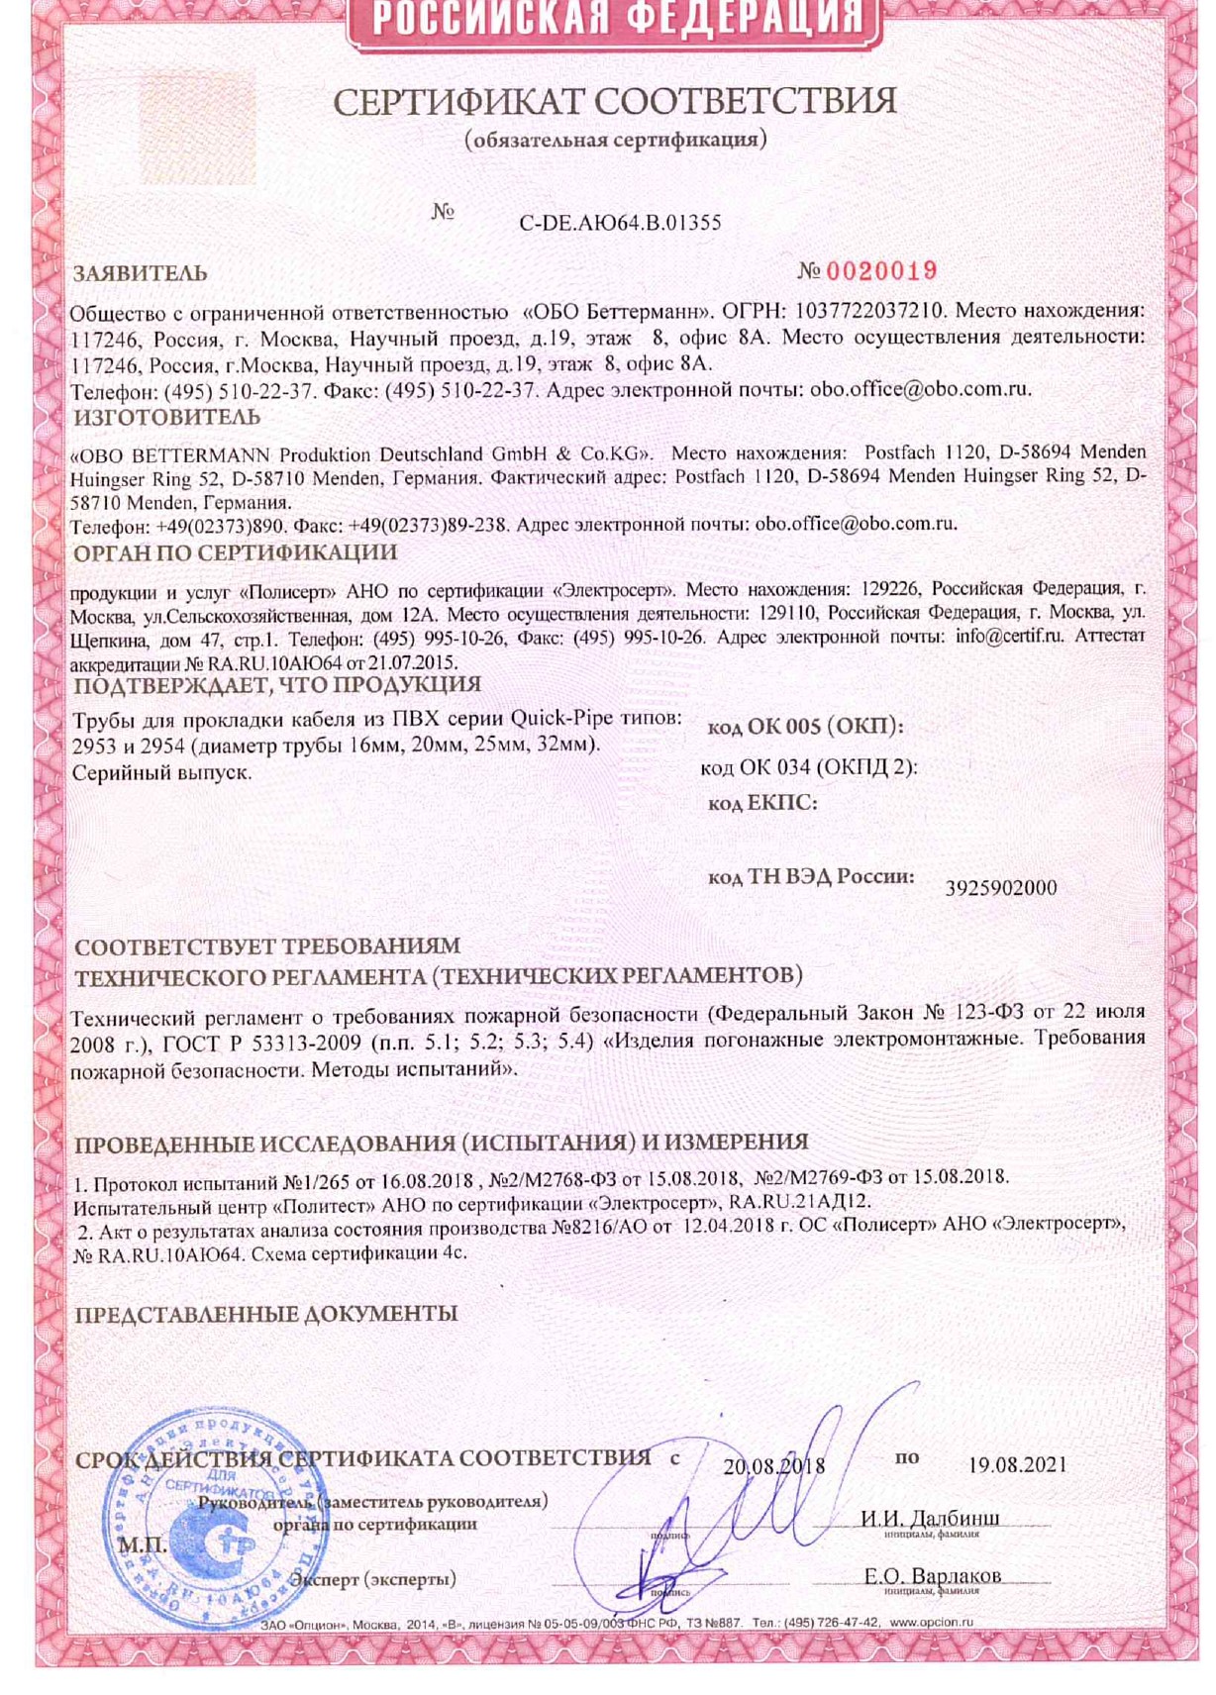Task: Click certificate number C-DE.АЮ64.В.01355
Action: click(620, 223)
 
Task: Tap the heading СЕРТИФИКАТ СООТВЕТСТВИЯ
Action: click(614, 102)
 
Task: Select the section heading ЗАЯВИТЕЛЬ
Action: click(141, 274)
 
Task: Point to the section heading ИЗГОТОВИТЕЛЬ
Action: click(167, 418)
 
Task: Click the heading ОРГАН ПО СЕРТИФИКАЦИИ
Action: click(236, 552)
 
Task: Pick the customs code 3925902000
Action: click(1001, 888)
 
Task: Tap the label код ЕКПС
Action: click(762, 804)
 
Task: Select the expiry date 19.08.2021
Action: click(1018, 1465)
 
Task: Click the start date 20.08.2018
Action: click(773, 1466)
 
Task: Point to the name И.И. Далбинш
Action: click(930, 1518)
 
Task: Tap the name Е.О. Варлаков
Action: click(932, 1575)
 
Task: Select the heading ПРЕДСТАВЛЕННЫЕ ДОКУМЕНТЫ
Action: click(266, 1315)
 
